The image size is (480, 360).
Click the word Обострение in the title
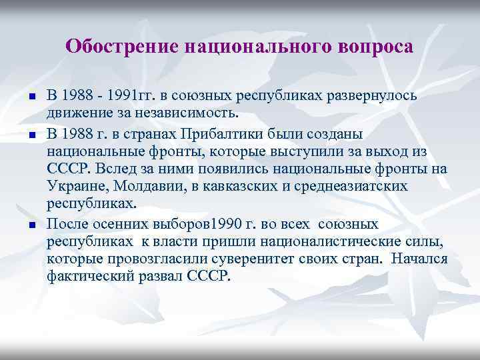122,47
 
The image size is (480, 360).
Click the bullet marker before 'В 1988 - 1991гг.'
32,97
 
